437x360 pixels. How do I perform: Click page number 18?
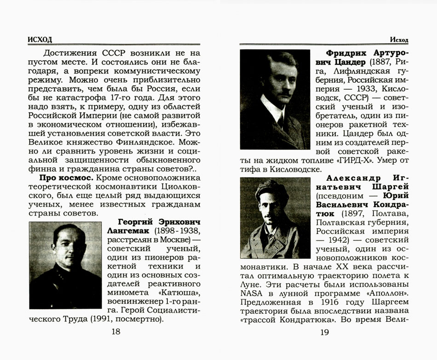116,332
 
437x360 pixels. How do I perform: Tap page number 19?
324,332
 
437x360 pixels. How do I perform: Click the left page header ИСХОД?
40,40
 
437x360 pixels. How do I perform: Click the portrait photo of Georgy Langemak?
65,265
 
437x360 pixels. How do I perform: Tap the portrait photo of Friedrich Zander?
275,99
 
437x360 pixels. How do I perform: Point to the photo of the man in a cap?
275,218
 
